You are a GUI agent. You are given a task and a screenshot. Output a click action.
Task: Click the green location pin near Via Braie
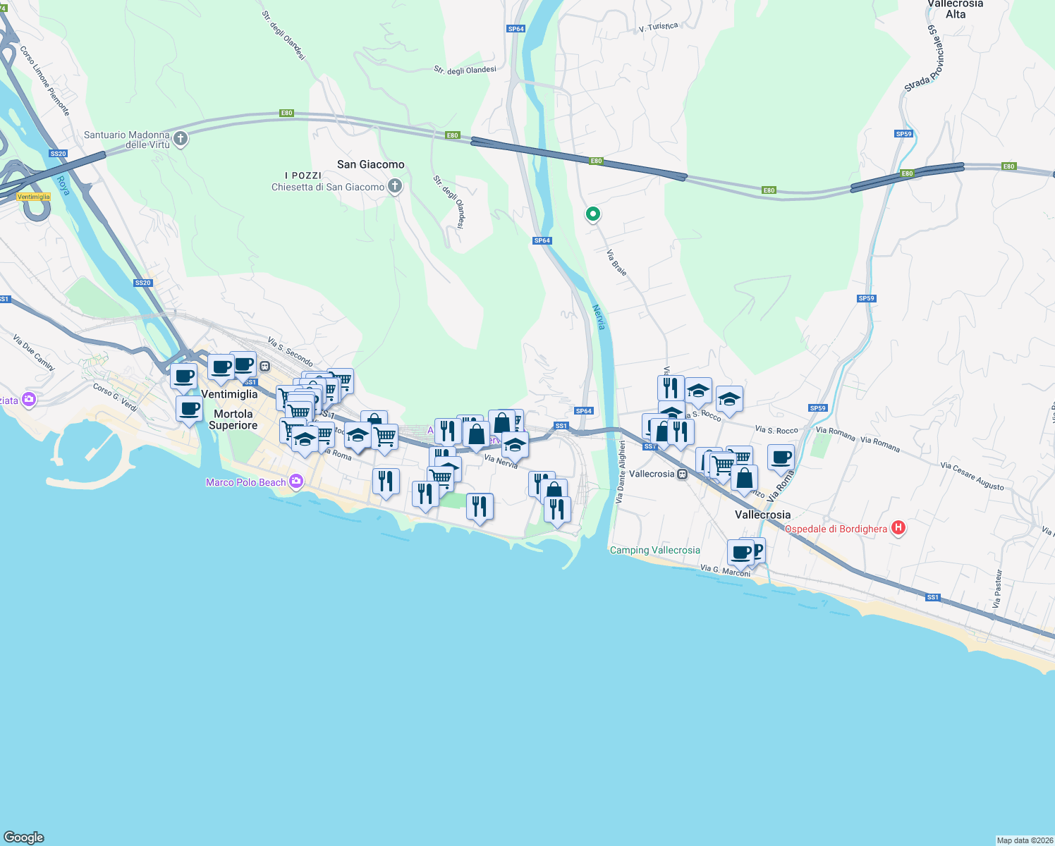(x=593, y=214)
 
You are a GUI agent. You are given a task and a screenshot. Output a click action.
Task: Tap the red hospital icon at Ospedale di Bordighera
(x=898, y=527)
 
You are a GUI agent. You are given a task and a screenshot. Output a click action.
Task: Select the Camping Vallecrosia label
(x=654, y=550)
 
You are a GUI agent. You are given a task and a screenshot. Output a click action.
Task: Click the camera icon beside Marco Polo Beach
(x=296, y=482)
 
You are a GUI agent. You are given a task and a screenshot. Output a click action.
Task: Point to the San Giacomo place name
(x=370, y=164)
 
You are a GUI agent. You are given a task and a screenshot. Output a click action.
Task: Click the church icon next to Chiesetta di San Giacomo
(x=395, y=186)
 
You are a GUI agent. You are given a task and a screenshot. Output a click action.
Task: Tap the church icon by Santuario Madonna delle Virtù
(x=181, y=138)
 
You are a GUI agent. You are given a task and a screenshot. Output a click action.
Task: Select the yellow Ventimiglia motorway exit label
(x=34, y=197)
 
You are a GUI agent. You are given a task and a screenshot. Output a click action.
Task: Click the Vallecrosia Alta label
(x=955, y=9)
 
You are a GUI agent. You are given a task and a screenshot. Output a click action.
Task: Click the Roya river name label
(x=63, y=185)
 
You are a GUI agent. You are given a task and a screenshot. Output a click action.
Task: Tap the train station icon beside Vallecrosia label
(x=682, y=474)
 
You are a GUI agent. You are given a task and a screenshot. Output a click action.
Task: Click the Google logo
(x=24, y=837)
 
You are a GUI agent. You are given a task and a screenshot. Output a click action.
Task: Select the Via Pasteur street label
(x=997, y=589)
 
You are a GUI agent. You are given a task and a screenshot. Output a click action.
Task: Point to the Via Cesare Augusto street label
(x=972, y=476)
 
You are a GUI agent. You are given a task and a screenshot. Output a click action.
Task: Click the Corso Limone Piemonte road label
(x=44, y=80)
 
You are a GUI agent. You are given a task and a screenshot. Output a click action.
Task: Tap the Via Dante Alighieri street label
(x=621, y=472)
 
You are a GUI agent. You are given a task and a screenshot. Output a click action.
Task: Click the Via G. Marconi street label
(x=725, y=570)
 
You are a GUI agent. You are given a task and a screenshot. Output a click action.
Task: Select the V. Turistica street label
(x=658, y=27)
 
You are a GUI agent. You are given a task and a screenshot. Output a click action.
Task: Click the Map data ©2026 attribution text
(x=1025, y=840)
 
